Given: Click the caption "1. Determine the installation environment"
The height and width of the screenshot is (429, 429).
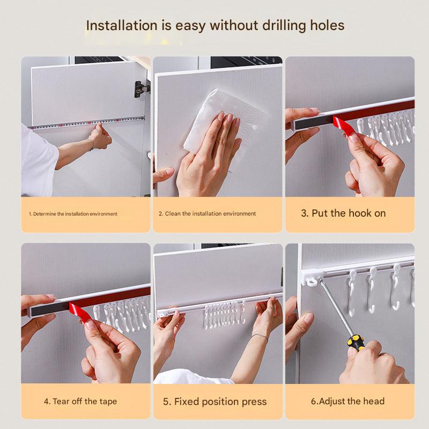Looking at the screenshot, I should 73,213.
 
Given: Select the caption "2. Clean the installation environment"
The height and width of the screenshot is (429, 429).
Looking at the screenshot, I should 207,213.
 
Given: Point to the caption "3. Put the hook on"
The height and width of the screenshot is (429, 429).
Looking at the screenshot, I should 343,213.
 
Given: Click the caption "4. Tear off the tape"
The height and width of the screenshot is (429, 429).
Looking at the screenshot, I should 80,401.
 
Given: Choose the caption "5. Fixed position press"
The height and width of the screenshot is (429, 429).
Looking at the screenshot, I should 214,402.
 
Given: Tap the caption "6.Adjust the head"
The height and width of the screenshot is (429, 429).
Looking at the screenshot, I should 347,401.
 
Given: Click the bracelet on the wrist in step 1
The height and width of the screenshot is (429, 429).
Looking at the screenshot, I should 91,144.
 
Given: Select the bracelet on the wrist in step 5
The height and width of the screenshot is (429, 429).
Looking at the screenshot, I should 260,336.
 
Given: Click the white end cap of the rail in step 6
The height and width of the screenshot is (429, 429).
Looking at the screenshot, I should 310,278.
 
